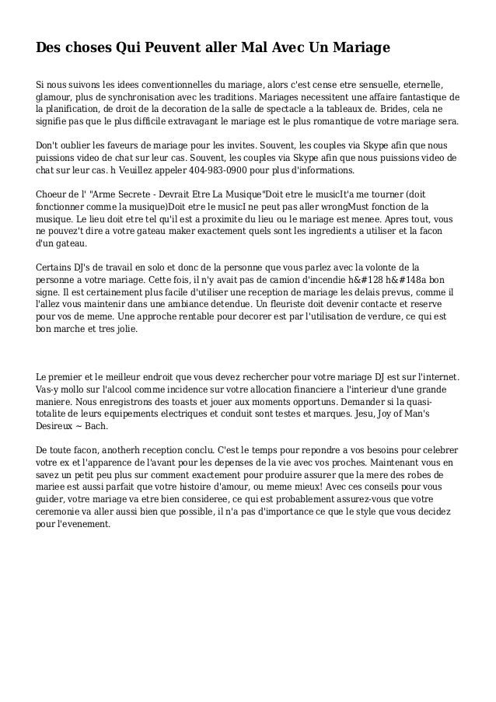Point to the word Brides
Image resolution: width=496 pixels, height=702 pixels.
pyautogui.click(x=397, y=110)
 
